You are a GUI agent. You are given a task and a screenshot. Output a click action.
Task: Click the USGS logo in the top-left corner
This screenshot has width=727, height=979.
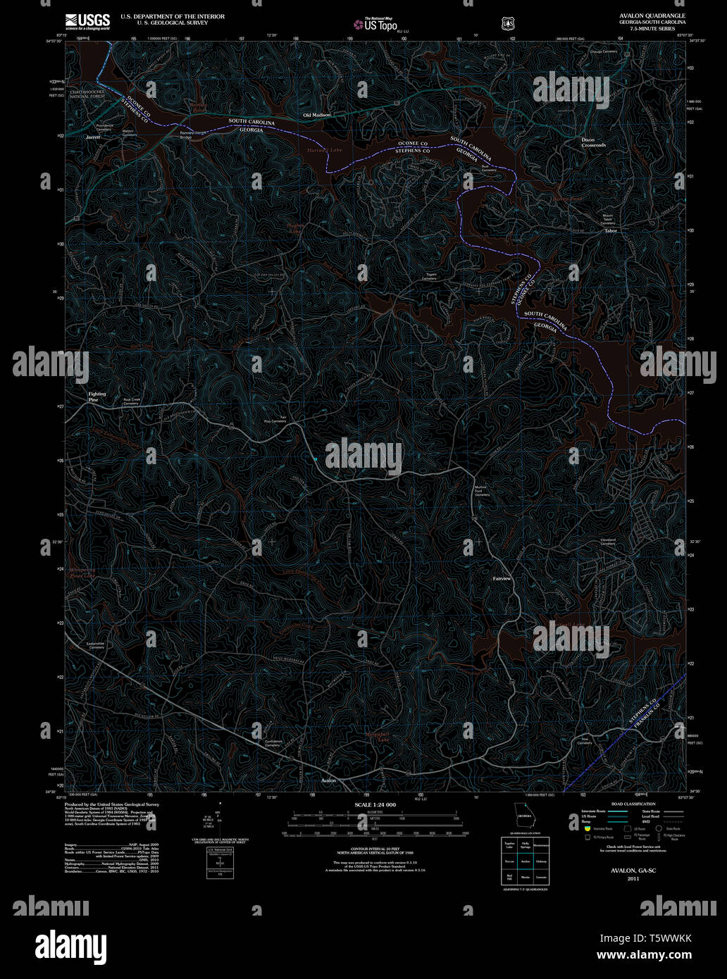pos(87,22)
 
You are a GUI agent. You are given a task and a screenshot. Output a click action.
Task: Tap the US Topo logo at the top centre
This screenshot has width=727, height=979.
pos(375,25)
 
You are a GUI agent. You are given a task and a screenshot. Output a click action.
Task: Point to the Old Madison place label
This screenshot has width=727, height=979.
pos(316,115)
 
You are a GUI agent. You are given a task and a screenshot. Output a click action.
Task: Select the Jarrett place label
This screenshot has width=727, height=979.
pos(93,137)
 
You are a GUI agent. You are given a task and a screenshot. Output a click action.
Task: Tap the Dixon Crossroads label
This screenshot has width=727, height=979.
pos(593,142)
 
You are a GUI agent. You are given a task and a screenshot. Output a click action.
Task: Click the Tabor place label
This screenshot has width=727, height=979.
pos(610,231)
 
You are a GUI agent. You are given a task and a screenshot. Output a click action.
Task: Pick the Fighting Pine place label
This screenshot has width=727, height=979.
pos(97,397)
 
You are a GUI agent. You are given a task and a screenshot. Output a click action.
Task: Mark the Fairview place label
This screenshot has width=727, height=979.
pos(502,578)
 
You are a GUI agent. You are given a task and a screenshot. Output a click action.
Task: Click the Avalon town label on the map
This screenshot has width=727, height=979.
pos(328,781)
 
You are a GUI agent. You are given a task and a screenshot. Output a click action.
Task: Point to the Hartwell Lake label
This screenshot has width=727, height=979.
pos(324,150)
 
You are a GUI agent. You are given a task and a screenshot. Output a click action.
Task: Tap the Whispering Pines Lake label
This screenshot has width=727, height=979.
pos(82,573)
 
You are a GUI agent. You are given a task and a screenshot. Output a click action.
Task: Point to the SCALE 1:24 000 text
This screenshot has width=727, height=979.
pos(375,804)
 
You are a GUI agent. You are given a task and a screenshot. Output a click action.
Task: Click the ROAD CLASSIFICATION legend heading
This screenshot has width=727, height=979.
pos(633,804)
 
